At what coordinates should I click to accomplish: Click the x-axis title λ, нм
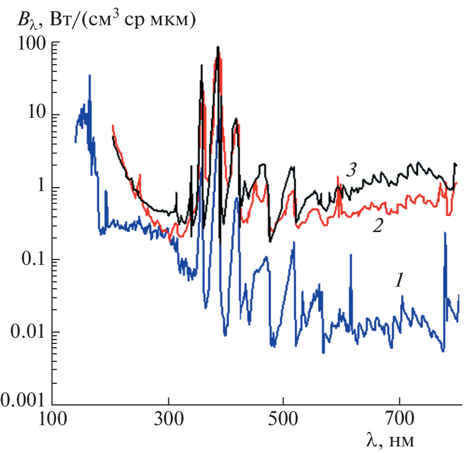click(390, 440)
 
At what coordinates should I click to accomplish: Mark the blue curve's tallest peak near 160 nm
click(89, 76)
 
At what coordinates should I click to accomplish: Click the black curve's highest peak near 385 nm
click(218, 47)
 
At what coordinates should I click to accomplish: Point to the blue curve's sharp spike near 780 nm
click(445, 233)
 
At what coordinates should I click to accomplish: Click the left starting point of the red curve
click(113, 125)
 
